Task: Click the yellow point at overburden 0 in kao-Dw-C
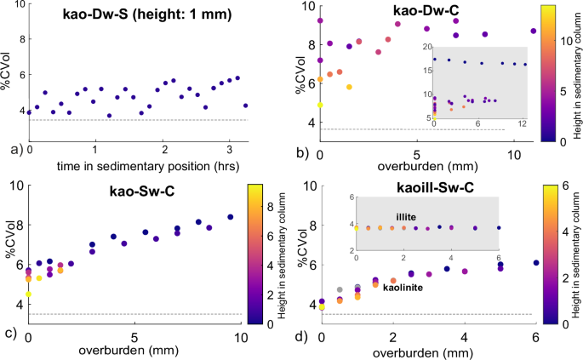320,105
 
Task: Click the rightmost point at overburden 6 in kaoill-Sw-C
535,262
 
